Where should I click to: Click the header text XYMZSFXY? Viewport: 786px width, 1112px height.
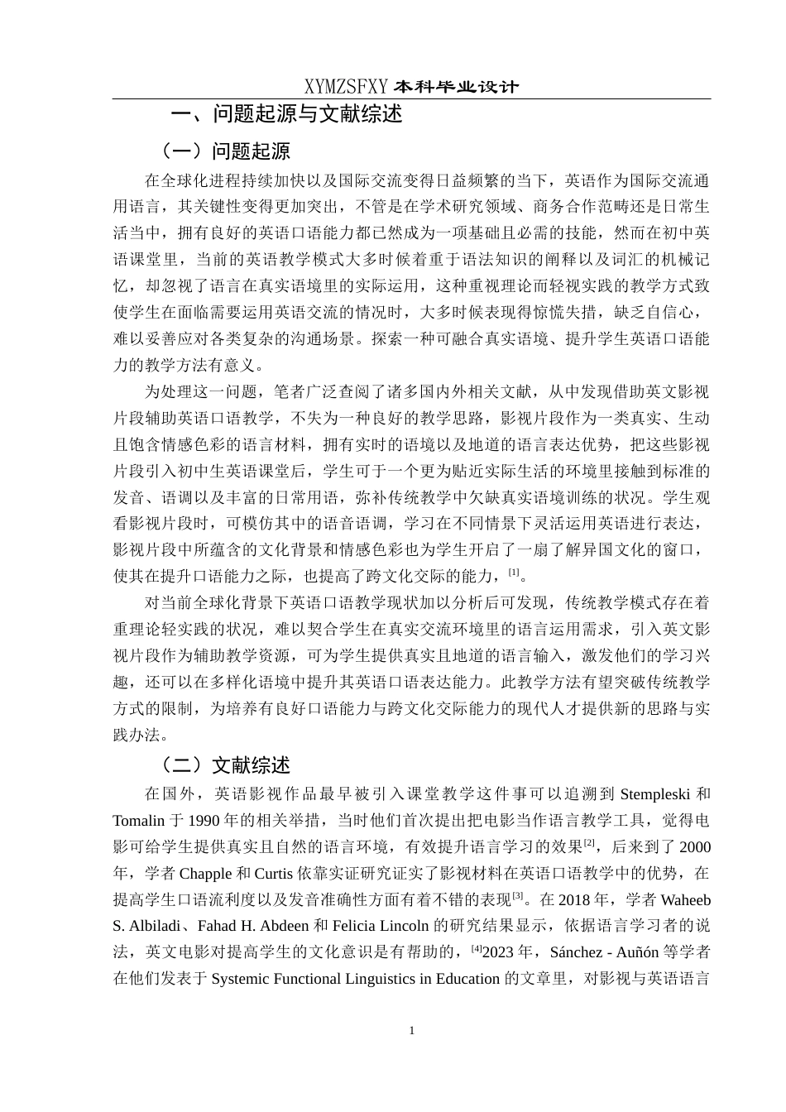pyautogui.click(x=346, y=87)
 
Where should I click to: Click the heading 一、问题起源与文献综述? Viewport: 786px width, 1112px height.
pyautogui.click(x=286, y=114)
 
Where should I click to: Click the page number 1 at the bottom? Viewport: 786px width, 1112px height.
pyautogui.click(x=412, y=1031)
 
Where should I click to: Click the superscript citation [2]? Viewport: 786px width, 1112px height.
pyautogui.click(x=589, y=843)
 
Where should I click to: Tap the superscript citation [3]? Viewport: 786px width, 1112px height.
pyautogui.click(x=518, y=896)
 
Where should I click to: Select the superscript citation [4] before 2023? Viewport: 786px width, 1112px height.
pyautogui.click(x=476, y=949)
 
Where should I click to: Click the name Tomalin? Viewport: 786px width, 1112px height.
pyautogui.click(x=139, y=821)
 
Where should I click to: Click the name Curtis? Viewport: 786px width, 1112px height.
pyautogui.click(x=273, y=874)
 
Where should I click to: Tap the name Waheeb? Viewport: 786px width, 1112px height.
pyautogui.click(x=686, y=900)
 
